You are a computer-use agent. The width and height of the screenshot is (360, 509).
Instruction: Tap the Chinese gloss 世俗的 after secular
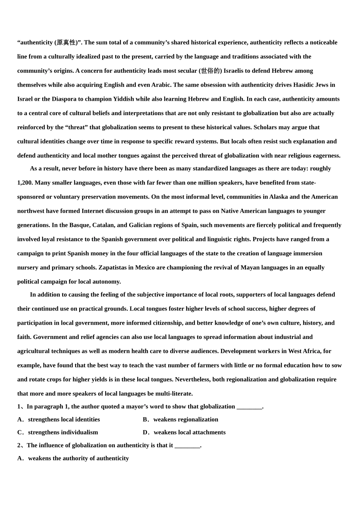pyautogui.click(x=210, y=71)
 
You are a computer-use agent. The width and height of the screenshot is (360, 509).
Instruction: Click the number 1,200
pyautogui.click(x=25, y=183)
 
